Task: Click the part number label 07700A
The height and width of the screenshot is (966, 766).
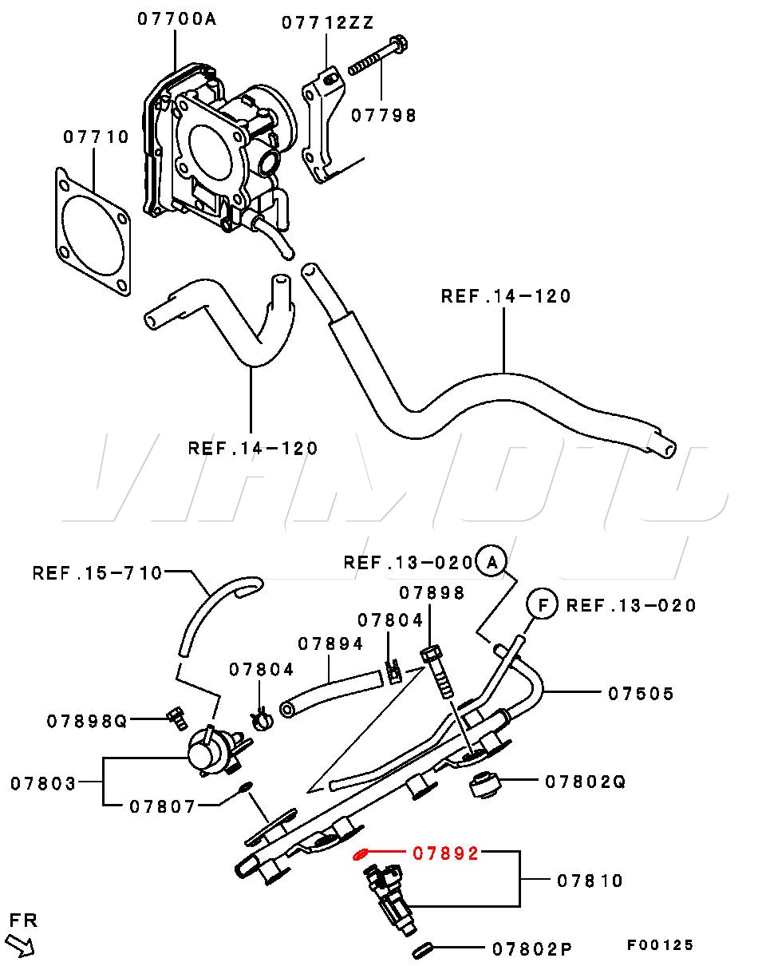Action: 176,18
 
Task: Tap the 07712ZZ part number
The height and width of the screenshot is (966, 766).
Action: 327,22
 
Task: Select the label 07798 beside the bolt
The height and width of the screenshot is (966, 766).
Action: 384,116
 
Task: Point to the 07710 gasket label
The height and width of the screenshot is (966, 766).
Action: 96,137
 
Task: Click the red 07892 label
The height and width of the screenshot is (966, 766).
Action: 445,853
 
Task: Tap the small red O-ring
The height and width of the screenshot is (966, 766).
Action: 361,855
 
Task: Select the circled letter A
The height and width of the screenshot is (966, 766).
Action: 492,562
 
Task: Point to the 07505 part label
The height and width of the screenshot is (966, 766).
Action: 641,694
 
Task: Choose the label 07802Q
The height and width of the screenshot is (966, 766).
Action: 585,782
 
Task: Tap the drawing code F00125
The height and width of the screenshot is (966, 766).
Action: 660,945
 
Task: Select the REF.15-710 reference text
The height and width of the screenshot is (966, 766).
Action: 97,573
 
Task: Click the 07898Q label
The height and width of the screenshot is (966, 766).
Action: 86,722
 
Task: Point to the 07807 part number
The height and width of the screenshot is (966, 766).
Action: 162,806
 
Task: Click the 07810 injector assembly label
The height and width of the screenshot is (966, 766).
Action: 590,881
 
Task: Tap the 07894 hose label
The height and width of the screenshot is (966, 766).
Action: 330,644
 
